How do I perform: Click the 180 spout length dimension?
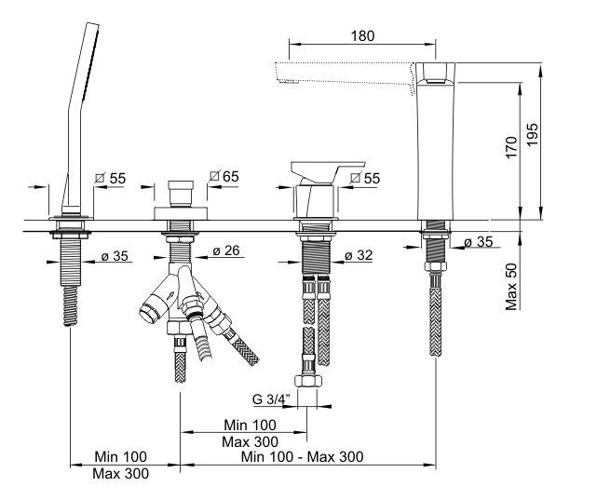pyautogui.click(x=363, y=36)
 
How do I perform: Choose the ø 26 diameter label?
pyautogui.click(x=227, y=251)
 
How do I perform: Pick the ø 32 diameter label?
pyautogui.click(x=360, y=254)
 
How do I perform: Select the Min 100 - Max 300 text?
pyautogui.click(x=303, y=456)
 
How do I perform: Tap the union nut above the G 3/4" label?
pyautogui.click(x=307, y=382)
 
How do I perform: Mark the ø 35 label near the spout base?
pyautogui.click(x=481, y=242)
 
